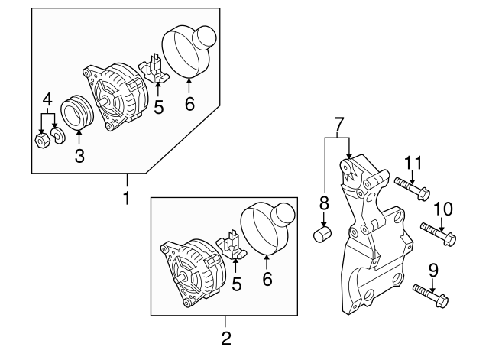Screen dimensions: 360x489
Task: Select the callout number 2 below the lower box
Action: click(x=225, y=338)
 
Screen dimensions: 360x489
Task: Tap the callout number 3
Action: click(x=79, y=157)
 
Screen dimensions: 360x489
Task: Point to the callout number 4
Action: click(x=47, y=99)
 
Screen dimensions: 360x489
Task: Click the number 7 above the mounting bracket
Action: click(x=338, y=122)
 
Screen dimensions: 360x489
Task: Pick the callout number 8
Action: click(x=323, y=203)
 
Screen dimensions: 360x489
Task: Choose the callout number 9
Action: click(x=432, y=268)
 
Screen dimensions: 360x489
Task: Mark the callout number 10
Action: click(x=443, y=209)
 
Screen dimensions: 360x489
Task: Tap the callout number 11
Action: click(x=413, y=162)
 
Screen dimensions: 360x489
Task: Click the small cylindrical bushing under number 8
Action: click(x=322, y=233)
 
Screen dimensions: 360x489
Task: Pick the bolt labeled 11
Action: click(x=413, y=187)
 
